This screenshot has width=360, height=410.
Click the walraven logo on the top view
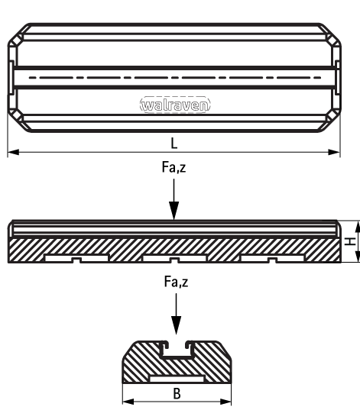(175, 105)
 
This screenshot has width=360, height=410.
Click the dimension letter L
(174, 144)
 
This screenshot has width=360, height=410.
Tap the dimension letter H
(350, 241)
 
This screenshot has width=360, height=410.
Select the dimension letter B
(177, 393)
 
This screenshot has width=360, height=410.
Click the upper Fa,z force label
(174, 167)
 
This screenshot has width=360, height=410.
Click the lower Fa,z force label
(176, 282)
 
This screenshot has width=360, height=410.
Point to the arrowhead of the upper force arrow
(174, 211)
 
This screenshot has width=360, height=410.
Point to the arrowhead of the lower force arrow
(176, 325)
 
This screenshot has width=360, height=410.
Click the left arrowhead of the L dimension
(13, 152)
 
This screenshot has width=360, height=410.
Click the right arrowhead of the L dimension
(334, 152)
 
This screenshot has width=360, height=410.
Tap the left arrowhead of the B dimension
(128, 402)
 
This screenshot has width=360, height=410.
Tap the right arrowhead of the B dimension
(225, 402)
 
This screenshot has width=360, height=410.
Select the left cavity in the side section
(76, 258)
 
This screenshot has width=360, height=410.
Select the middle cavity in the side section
(174, 258)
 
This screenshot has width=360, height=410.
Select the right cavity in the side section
(272, 258)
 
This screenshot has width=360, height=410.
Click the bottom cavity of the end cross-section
(177, 379)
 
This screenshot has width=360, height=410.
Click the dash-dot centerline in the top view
(175, 77)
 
